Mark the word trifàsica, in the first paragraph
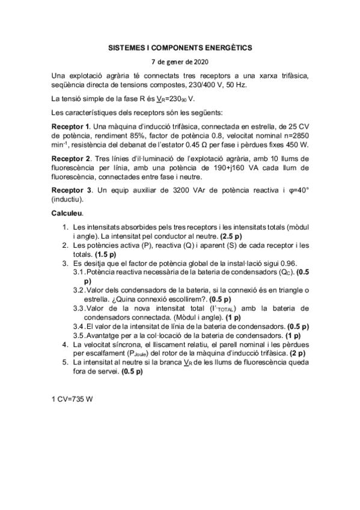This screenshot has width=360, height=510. coord(289,75)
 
